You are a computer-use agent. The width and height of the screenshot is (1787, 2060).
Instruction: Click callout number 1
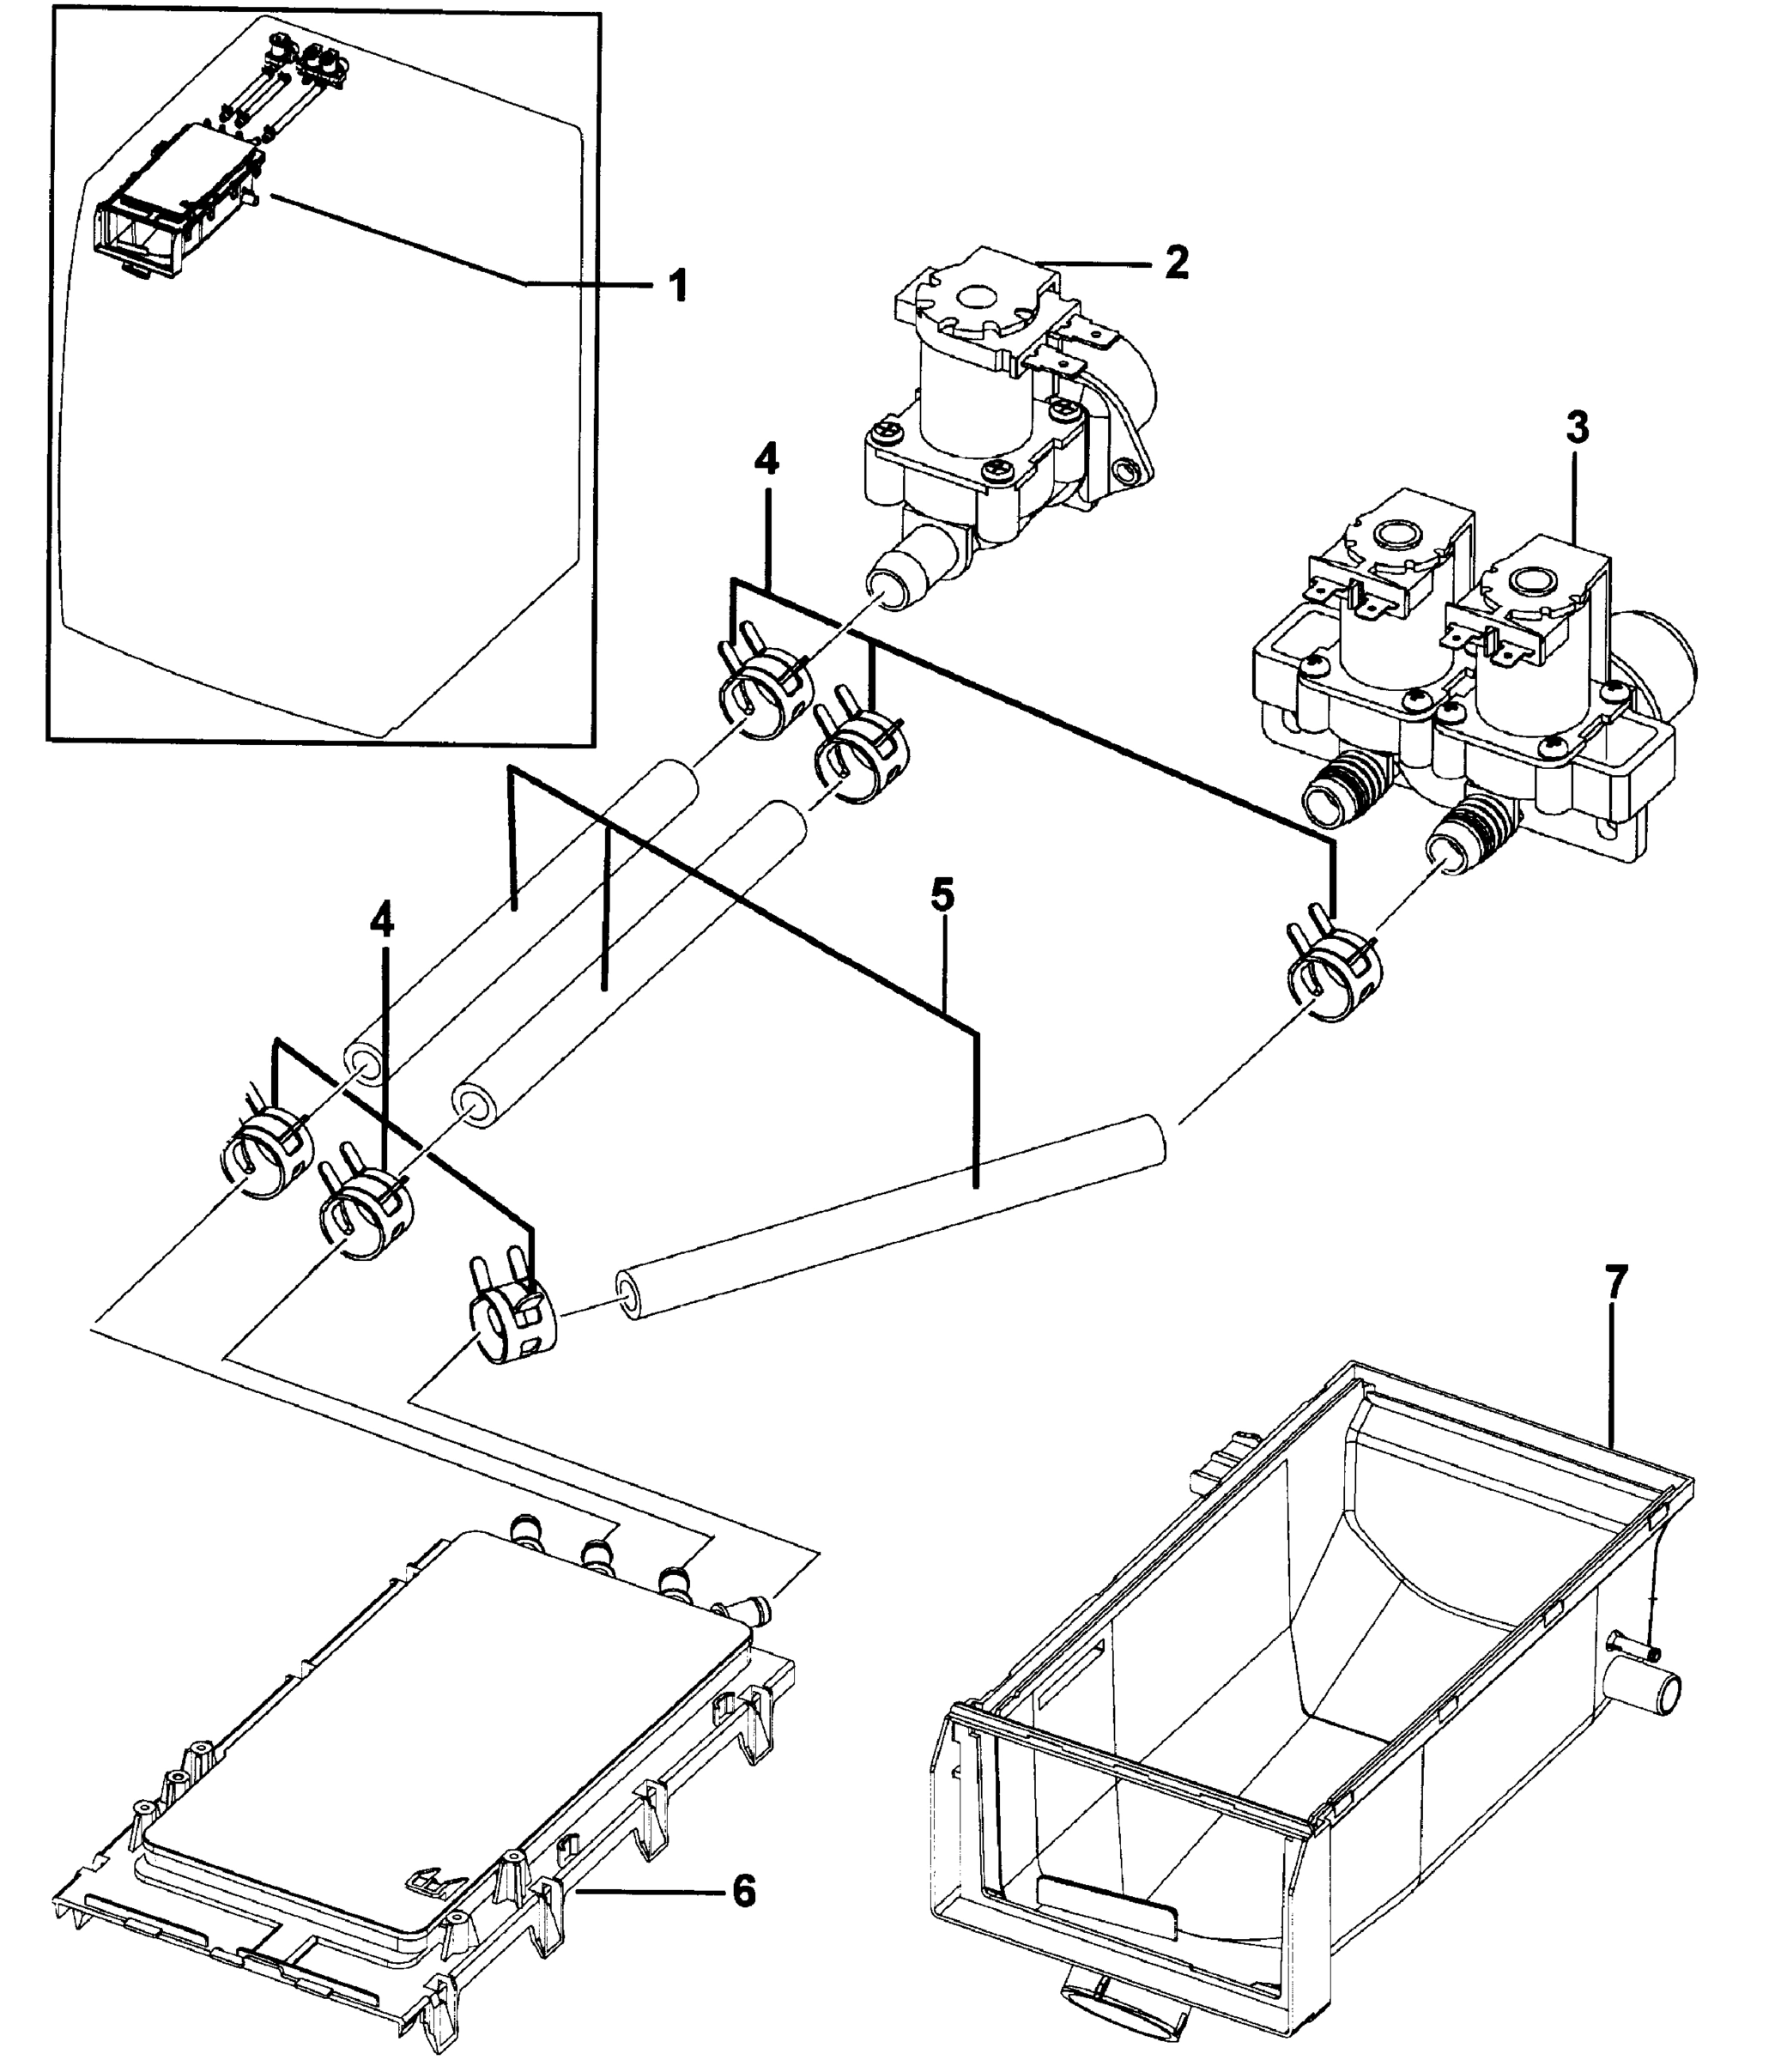click(x=677, y=286)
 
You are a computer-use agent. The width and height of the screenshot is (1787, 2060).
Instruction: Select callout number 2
click(x=1177, y=264)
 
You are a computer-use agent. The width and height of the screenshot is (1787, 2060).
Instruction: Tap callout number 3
click(x=1577, y=427)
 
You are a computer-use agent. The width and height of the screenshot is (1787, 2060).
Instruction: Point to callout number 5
click(x=942, y=895)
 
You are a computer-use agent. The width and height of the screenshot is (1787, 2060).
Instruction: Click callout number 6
click(x=744, y=1891)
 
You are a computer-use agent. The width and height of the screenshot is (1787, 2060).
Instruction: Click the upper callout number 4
click(x=766, y=460)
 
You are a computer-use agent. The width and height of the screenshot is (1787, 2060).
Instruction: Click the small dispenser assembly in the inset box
click(x=179, y=199)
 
